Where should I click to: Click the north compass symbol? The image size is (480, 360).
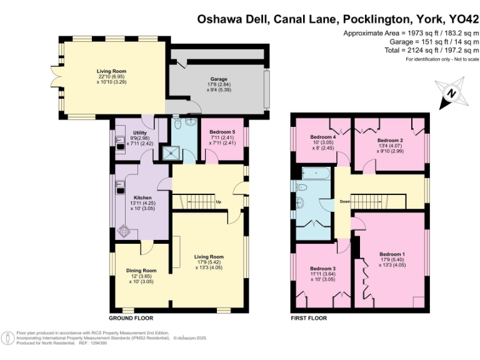452,93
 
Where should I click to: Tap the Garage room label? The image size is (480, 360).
219,79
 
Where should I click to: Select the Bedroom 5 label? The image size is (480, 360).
222,132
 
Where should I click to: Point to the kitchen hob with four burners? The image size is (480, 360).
124,231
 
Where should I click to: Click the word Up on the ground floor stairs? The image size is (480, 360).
219,202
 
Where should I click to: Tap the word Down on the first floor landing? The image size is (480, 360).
345,201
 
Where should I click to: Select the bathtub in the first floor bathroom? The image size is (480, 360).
316,174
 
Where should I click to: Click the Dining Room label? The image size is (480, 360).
141,271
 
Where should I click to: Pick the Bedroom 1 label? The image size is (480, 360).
392,254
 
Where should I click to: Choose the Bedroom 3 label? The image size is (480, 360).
322,269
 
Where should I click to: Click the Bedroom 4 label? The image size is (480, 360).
323,137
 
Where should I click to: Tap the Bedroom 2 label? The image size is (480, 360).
390,140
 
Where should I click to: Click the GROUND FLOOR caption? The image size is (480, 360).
131,318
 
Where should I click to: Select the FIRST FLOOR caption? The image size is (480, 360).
309,318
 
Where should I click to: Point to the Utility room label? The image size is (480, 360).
139,133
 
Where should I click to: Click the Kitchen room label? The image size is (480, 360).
142,197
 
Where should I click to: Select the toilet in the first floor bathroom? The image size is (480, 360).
301,186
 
